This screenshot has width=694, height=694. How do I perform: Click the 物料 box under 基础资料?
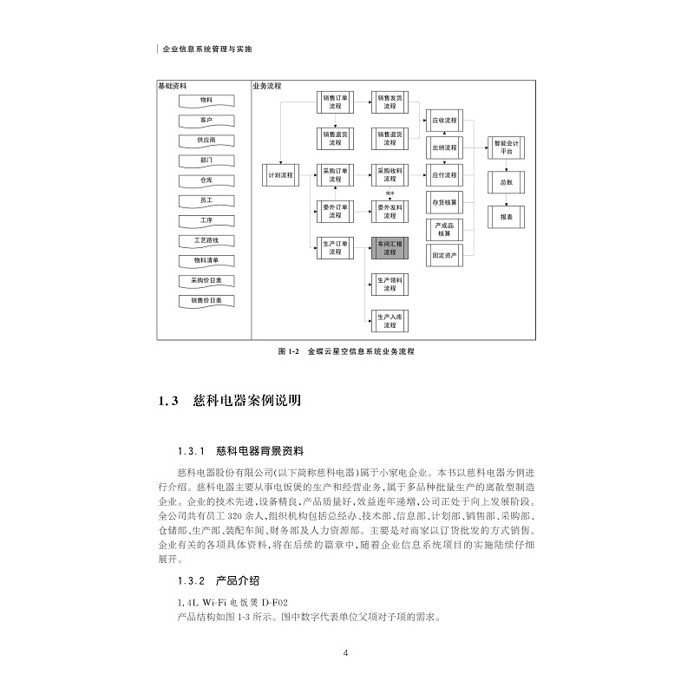[206, 101]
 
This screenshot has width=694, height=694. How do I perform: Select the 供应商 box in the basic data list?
[206, 141]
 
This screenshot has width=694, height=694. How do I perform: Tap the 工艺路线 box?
[206, 239]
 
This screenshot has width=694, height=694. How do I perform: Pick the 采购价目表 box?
[206, 280]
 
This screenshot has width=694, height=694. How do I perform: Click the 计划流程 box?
[280, 175]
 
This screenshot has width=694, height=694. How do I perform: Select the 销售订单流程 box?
[334, 101]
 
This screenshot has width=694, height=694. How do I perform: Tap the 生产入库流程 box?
[389, 320]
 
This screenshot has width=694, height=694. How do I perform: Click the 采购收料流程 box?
[389, 174]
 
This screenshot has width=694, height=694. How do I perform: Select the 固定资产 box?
[445, 255]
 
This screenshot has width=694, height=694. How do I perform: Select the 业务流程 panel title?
[267, 87]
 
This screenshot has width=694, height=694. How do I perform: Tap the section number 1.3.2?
[189, 580]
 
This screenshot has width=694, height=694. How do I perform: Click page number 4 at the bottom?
[345, 653]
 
